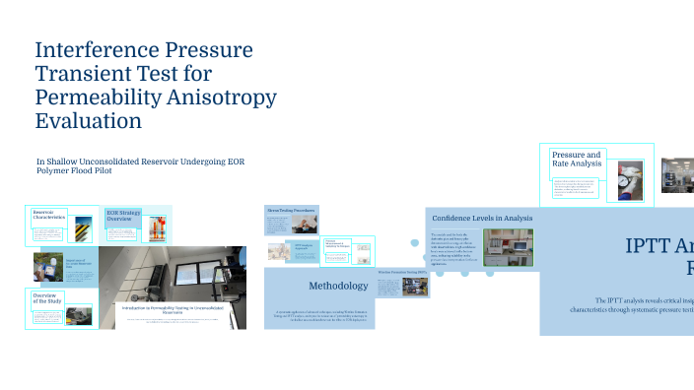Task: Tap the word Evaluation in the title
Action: [88, 121]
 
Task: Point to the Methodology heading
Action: [338, 287]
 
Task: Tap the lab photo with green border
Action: [509, 247]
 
